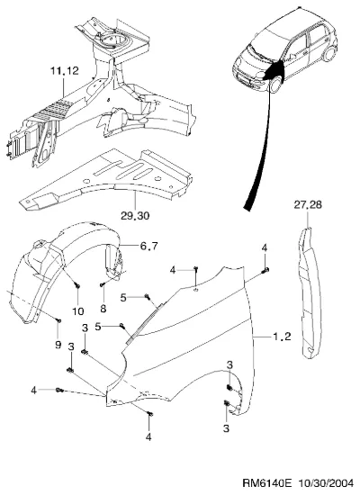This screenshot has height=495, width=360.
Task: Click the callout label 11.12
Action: tap(65, 71)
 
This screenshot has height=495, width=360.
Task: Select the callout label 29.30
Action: tap(135, 216)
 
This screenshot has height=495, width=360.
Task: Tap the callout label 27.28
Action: tap(308, 204)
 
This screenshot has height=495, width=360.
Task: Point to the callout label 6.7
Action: tap(148, 246)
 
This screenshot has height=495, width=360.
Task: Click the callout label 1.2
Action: tap(282, 337)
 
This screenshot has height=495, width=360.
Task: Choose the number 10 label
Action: tap(78, 311)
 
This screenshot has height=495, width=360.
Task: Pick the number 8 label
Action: tap(103, 309)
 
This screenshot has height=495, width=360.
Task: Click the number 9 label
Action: tap(58, 345)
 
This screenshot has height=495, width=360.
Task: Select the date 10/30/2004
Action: tap(326, 483)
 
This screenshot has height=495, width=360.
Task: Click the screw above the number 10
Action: tap(77, 285)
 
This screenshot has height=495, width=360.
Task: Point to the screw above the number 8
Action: tap(102, 284)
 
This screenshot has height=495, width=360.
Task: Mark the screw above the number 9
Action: tap(58, 320)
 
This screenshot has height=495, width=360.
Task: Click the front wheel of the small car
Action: tap(275, 85)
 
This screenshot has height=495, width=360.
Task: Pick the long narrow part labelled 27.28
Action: tap(310, 293)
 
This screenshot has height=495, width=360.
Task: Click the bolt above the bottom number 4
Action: tap(150, 414)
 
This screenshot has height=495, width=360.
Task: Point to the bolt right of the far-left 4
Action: tap(59, 391)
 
